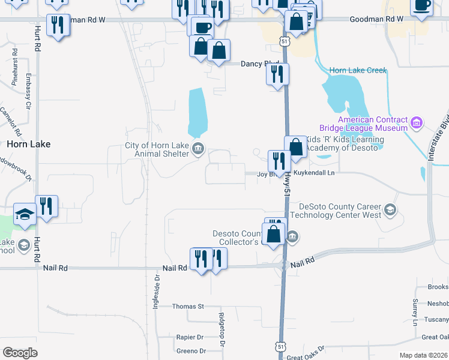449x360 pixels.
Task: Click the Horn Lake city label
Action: [28, 144]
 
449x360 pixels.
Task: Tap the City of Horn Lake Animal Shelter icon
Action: [197, 148]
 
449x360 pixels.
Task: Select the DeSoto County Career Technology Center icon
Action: [390, 209]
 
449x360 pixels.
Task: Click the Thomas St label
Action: [188, 306]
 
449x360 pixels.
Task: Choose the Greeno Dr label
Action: [191, 351]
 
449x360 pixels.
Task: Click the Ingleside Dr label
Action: [156, 287]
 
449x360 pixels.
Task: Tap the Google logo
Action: [20, 352]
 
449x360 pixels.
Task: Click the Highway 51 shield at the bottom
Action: [280, 347]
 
